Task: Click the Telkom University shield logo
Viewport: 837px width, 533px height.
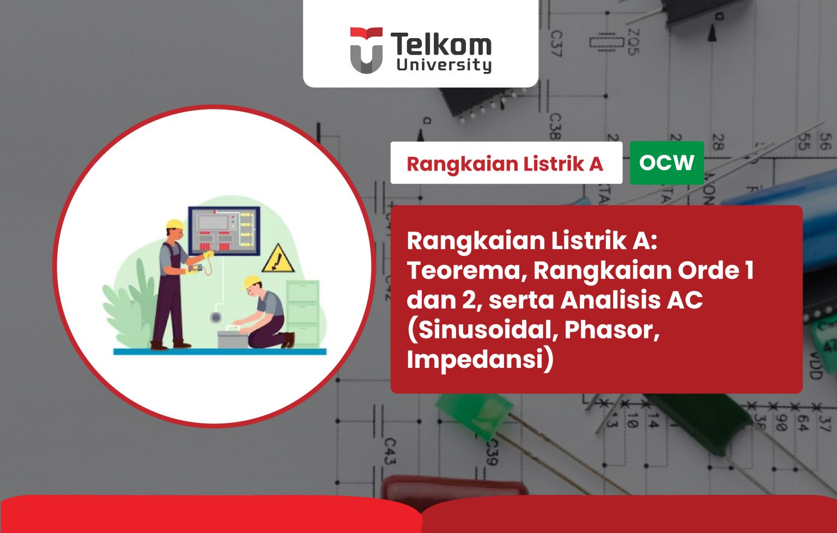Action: click(x=366, y=50)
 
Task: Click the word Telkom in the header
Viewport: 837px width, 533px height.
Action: click(x=441, y=44)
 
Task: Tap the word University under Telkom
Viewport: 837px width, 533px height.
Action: click(x=444, y=65)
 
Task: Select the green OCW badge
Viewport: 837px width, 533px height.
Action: click(x=666, y=162)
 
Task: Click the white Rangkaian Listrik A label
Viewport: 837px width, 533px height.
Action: click(x=506, y=163)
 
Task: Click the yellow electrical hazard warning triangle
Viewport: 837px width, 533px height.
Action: click(x=278, y=259)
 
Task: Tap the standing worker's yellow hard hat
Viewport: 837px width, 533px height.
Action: click(x=175, y=224)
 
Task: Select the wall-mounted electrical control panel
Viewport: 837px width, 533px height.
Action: click(x=224, y=231)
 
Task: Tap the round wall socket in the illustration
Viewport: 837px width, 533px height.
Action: click(x=216, y=317)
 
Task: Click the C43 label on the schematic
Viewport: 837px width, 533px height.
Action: click(x=389, y=452)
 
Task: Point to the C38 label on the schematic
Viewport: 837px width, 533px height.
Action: click(x=554, y=126)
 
